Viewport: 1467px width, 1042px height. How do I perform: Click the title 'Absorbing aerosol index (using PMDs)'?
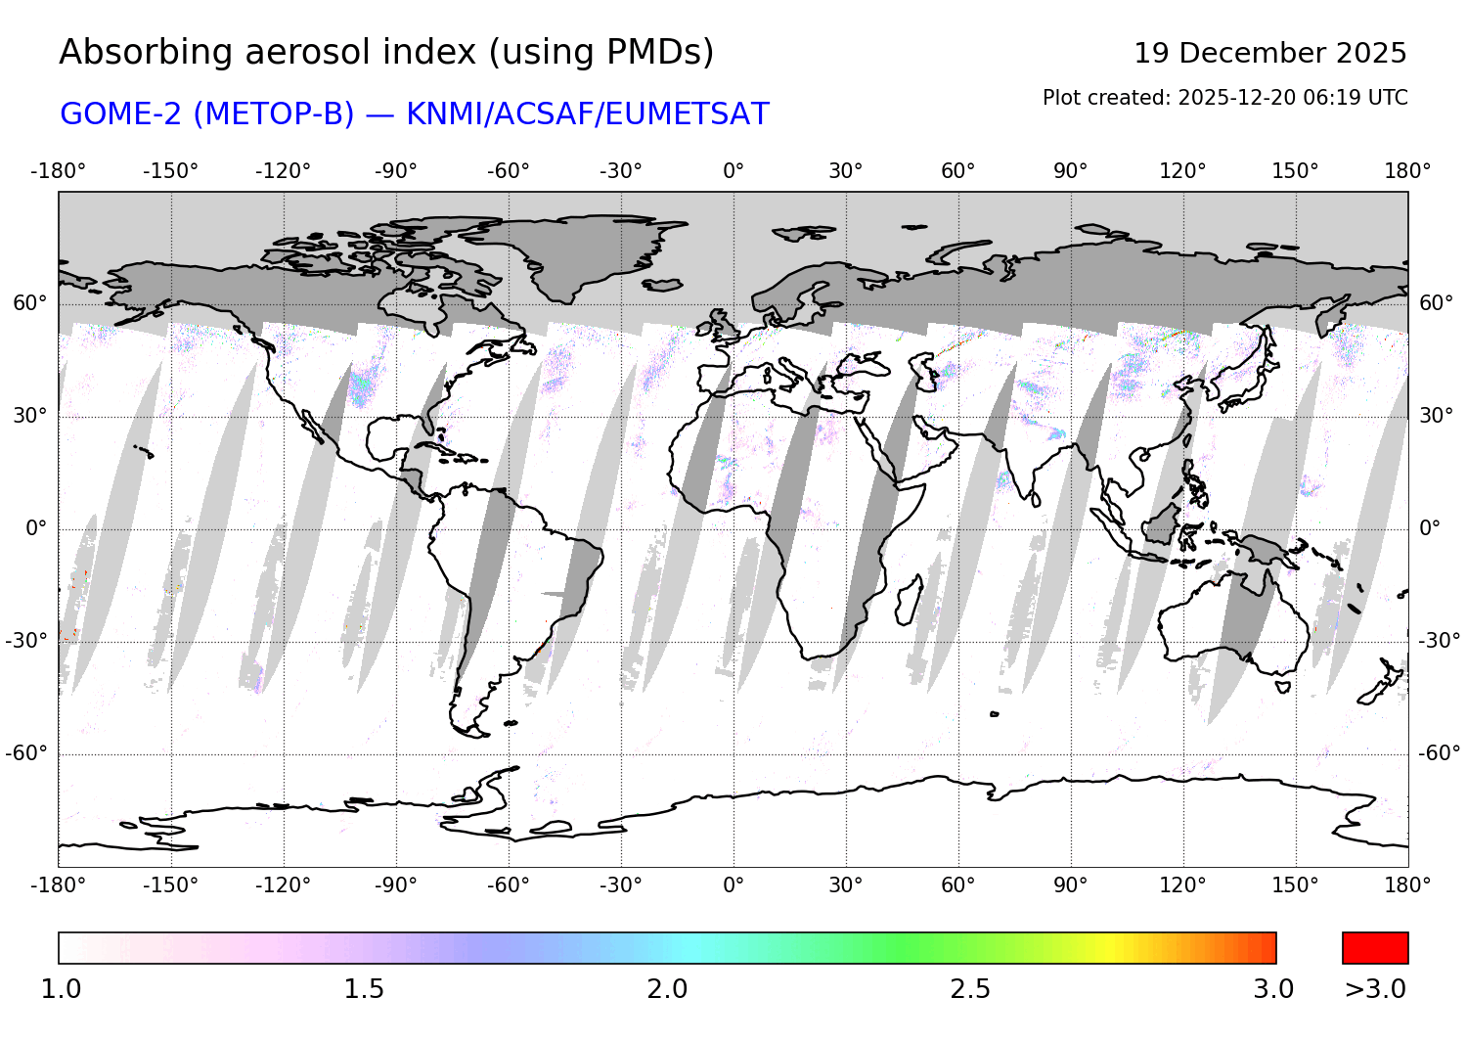click(386, 53)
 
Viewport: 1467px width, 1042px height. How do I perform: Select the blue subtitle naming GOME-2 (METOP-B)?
click(414, 114)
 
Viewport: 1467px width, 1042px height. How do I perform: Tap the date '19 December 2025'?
click(1269, 53)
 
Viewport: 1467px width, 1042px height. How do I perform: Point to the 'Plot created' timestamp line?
click(1224, 98)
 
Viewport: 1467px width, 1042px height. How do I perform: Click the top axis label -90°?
click(395, 171)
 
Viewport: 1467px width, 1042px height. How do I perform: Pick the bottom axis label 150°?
click(1295, 885)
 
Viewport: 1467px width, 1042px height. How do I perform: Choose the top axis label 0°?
click(733, 171)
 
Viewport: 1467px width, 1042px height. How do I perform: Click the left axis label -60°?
click(26, 753)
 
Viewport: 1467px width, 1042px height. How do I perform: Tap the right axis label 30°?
click(1436, 416)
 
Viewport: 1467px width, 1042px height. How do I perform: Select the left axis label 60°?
click(29, 303)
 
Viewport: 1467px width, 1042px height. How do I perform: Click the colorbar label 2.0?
click(667, 989)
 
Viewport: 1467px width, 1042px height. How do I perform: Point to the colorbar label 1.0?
click(61, 989)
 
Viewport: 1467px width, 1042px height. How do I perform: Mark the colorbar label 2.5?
click(970, 989)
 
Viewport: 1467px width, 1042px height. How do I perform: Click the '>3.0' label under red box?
click(1375, 989)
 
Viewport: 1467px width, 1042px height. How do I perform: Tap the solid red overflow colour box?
click(1375, 948)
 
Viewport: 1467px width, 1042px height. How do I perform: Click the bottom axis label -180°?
click(59, 885)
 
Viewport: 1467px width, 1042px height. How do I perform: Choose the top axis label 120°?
click(1182, 171)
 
